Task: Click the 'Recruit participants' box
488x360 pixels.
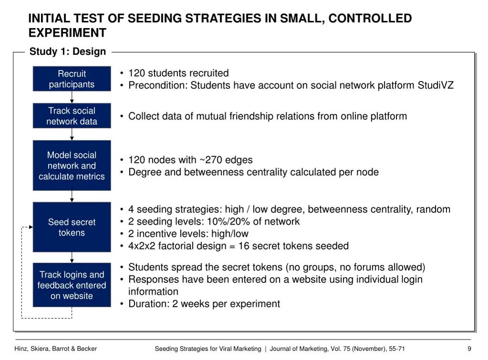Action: coord(71,79)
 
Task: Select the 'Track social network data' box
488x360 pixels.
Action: coord(71,116)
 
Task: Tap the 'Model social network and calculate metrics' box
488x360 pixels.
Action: coord(71,165)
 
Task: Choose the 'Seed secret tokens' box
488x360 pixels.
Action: coord(71,227)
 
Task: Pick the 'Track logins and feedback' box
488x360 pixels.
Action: coord(71,285)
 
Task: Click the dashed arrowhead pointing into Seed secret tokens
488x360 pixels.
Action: coord(30,227)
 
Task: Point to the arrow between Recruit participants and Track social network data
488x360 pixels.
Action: coord(72,97)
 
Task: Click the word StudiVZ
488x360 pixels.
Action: coord(436,86)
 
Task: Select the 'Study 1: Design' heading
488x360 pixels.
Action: coord(68,52)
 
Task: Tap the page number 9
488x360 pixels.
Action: coord(469,349)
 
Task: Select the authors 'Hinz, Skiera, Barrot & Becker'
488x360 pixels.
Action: coord(55,349)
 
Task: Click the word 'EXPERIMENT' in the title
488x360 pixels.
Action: coord(67,33)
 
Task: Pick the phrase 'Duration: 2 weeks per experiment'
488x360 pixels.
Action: coord(204,304)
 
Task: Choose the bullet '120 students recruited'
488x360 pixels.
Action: coord(178,73)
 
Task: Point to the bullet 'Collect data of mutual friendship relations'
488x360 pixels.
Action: coord(267,116)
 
